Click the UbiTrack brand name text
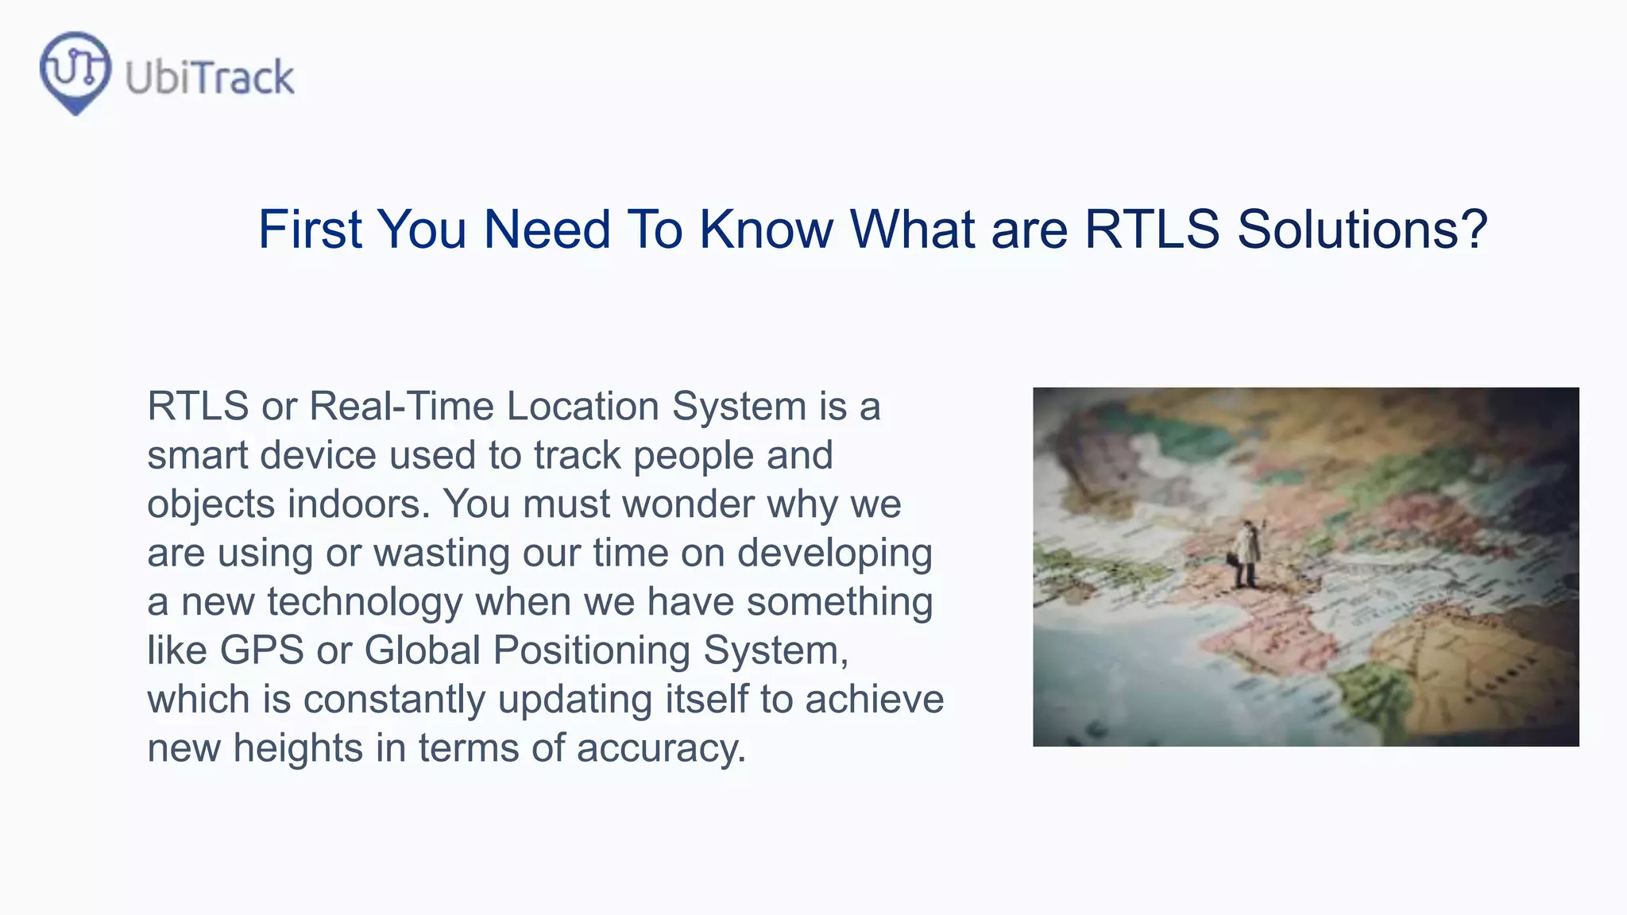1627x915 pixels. (210, 78)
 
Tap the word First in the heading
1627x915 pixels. (310, 230)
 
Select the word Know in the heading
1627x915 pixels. (766, 230)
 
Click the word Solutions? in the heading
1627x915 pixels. (1362, 230)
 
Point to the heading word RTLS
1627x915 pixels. (1151, 230)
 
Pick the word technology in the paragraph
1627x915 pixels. (365, 602)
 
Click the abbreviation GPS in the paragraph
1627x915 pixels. (261, 651)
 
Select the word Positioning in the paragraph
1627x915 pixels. (592, 651)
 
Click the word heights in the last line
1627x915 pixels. (298, 748)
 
